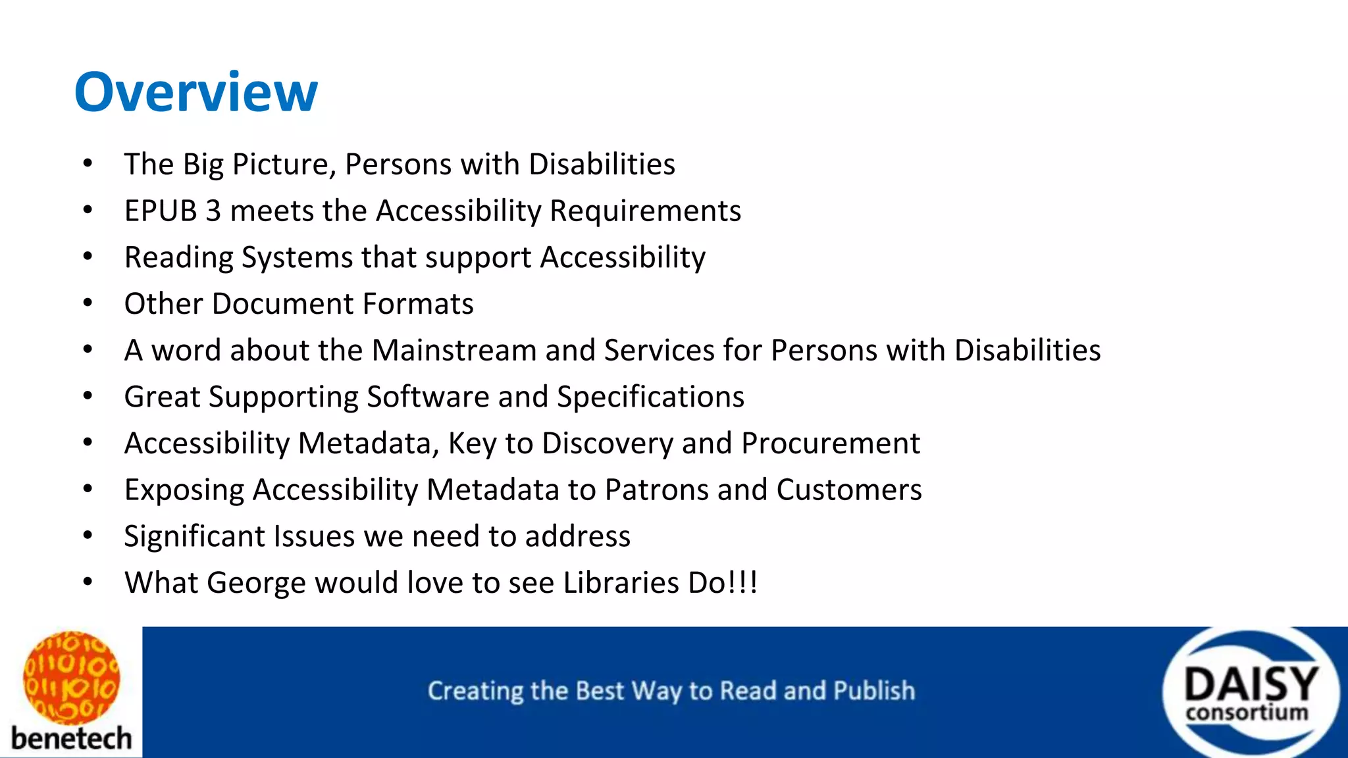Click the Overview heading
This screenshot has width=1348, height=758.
(x=195, y=92)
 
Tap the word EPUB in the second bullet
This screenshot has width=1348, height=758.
(x=160, y=211)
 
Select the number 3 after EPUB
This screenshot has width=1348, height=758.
(x=213, y=211)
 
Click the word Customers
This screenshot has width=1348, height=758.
(x=848, y=490)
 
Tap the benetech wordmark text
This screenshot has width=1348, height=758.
(x=71, y=738)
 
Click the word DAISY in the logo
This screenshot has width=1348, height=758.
(x=1251, y=684)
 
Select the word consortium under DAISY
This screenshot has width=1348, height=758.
(x=1247, y=713)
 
